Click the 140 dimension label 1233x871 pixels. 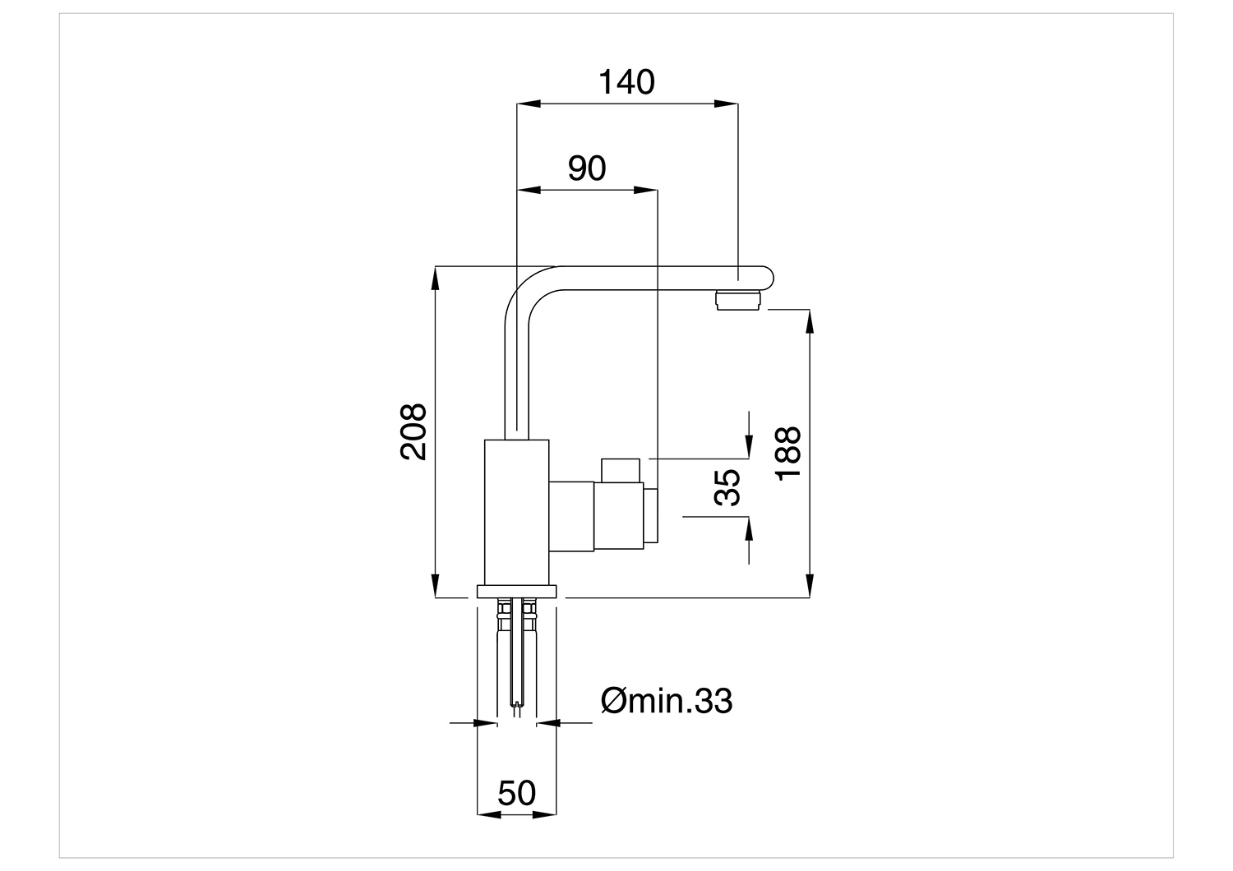[x=626, y=82]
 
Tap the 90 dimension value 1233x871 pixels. [x=587, y=168]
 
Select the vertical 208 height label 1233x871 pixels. [x=413, y=432]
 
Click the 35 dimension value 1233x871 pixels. [x=727, y=487]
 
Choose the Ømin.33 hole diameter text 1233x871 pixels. [x=667, y=701]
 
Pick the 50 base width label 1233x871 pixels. [x=516, y=793]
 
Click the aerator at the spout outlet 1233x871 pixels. [x=737, y=301]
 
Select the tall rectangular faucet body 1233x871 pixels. [x=516, y=512]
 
